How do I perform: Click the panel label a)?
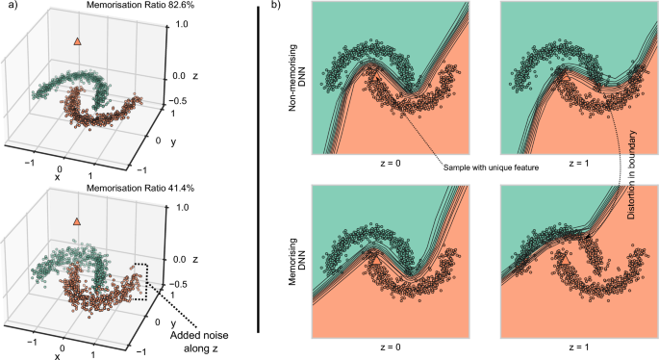(9, 8)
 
